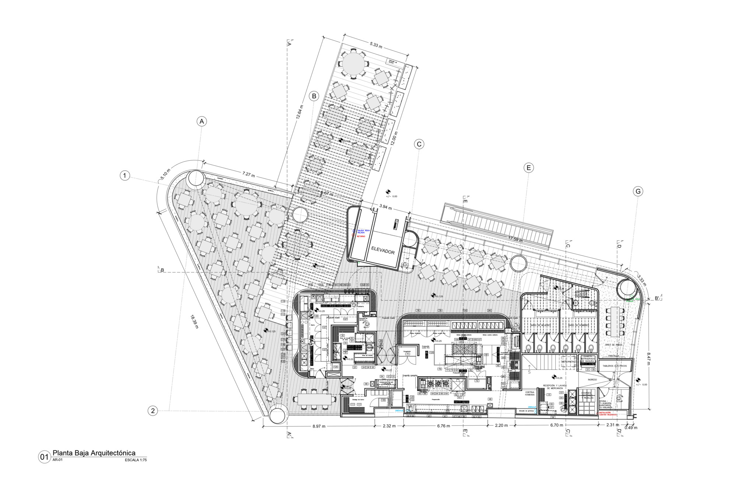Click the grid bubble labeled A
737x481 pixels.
201,121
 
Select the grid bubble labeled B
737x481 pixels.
314,97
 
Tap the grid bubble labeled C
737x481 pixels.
419,144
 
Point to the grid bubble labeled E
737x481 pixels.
528,168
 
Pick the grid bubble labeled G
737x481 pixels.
638,191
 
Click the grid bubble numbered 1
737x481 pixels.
125,175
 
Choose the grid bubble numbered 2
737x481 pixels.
153,411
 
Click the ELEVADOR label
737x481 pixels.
383,250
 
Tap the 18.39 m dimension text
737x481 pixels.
195,321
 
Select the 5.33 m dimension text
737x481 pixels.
376,45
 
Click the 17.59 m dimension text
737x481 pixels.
516,239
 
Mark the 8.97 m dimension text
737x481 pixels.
319,426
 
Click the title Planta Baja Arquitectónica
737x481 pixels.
94,453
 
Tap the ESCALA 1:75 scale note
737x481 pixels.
136,460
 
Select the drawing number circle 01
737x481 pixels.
44,457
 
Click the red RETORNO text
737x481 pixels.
361,236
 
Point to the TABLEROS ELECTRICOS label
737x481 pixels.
615,366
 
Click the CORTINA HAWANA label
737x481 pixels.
530,394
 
